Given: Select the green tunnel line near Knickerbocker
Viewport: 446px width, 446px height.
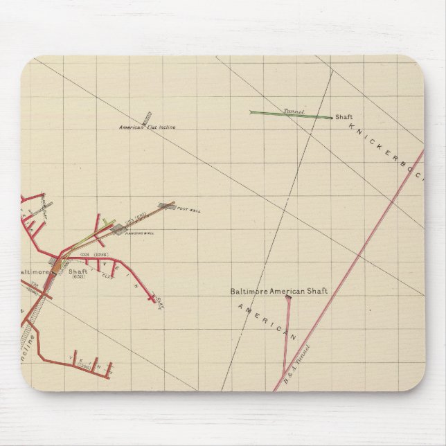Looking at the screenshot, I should [291, 114].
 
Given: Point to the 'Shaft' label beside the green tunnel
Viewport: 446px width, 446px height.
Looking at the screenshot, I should [344, 117].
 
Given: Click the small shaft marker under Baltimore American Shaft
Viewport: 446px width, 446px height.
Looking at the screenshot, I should [287, 298].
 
